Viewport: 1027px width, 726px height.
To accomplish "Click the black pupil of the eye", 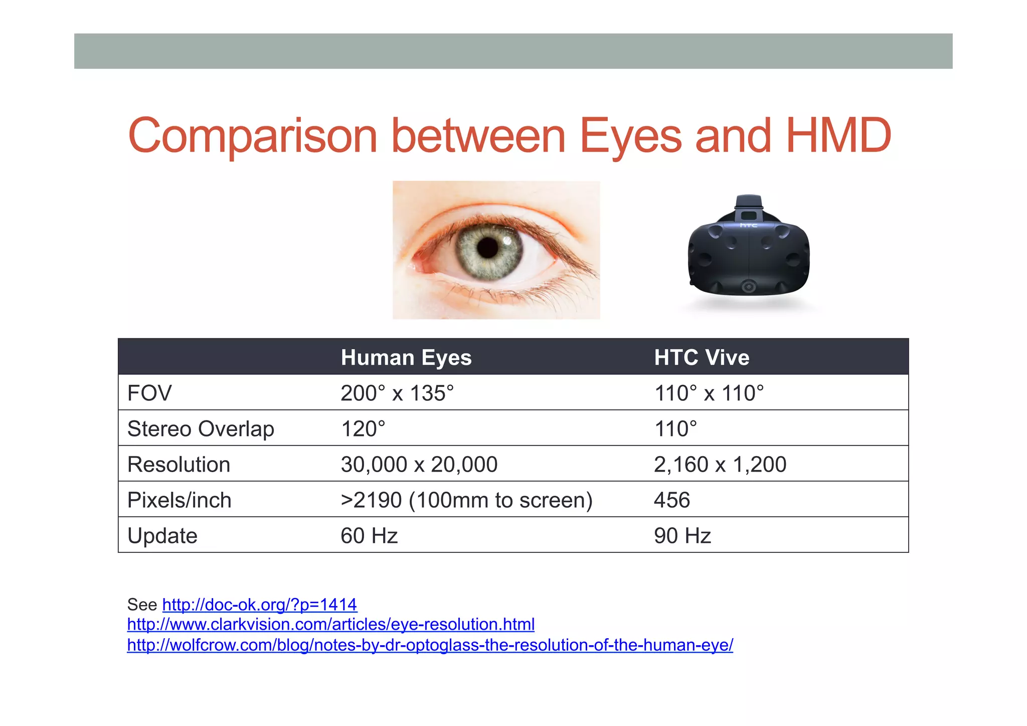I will (487, 247).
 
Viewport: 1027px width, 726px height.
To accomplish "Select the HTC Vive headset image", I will (748, 248).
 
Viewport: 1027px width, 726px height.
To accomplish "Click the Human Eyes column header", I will (406, 358).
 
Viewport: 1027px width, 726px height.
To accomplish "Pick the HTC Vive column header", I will (702, 358).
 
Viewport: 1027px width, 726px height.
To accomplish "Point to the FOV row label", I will (149, 393).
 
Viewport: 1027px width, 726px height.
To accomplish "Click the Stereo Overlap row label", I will (201, 429).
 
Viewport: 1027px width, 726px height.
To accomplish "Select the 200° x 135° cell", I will (397, 393).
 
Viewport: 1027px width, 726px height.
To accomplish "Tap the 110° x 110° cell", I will (709, 393).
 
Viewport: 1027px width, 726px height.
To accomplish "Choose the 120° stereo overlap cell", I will (363, 429).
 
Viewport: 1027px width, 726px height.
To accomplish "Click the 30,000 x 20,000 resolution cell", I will (419, 465).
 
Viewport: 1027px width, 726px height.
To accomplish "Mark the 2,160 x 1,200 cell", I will (720, 465).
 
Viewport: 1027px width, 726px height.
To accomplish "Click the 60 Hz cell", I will (369, 536).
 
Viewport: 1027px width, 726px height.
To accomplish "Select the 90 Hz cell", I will (682, 536).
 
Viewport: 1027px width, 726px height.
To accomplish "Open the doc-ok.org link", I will (260, 605).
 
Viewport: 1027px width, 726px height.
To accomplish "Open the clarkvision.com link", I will (331, 624).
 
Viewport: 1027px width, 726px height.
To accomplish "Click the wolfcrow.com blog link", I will (430, 645).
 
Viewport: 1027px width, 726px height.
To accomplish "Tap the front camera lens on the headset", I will (749, 287).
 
